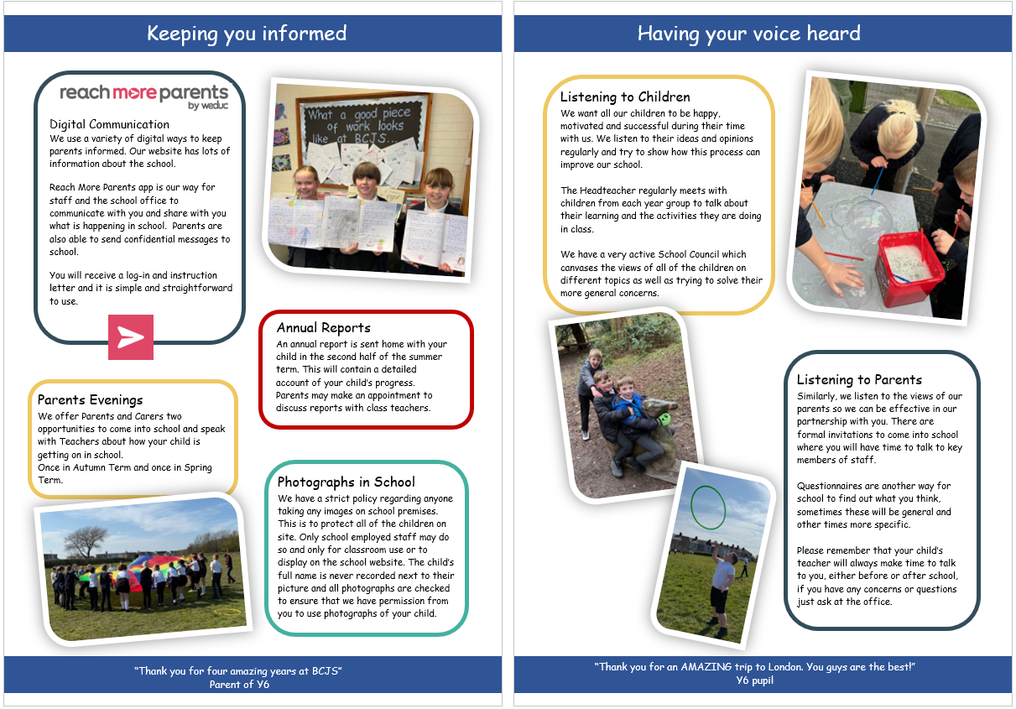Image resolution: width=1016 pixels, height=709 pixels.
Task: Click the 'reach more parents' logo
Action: tap(143, 96)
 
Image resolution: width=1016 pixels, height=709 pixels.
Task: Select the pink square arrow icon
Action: tap(131, 337)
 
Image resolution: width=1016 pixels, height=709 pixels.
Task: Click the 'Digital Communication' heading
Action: tap(109, 124)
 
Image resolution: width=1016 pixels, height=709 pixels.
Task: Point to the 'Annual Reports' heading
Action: tap(323, 327)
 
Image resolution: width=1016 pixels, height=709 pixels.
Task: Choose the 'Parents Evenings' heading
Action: tap(91, 399)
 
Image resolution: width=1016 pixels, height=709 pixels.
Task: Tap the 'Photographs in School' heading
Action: tap(346, 482)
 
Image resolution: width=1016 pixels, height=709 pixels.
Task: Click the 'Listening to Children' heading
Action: tap(625, 96)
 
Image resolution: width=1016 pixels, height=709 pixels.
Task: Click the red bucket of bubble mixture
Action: tap(909, 268)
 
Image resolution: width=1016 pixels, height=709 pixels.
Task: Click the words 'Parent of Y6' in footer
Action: tap(239, 685)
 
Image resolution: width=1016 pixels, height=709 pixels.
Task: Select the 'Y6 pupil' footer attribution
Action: tap(755, 680)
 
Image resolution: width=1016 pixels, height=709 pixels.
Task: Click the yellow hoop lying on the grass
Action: tap(227, 612)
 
